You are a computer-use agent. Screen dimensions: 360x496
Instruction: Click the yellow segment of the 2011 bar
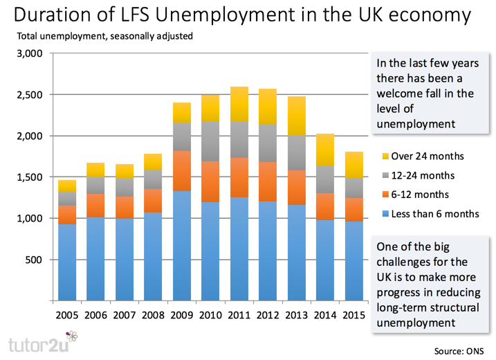click(239, 104)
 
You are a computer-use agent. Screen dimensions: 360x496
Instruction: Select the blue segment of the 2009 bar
click(182, 246)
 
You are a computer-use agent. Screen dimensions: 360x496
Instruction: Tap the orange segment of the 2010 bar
click(210, 181)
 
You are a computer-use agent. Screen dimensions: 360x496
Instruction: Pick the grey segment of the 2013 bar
click(296, 152)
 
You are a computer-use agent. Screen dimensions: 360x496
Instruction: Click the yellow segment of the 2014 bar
click(324, 150)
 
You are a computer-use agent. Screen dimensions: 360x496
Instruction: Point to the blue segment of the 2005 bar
click(67, 262)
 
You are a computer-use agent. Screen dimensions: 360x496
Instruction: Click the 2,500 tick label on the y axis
click(30, 95)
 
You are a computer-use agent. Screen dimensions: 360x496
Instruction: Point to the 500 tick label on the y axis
click(35, 260)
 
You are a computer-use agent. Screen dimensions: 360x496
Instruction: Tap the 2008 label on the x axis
click(153, 316)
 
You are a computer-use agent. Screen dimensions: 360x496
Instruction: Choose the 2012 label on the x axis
click(267, 316)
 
